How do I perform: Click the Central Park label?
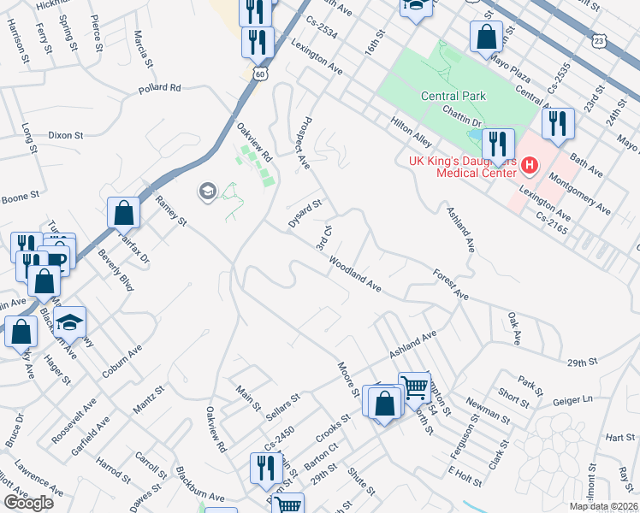pos(453,96)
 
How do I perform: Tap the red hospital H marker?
pos(530,164)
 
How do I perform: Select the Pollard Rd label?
pos(160,87)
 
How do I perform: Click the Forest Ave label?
pos(451,285)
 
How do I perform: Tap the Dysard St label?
pos(305,213)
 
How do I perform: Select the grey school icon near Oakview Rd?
pos(207,191)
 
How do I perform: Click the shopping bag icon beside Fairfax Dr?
pos(124,213)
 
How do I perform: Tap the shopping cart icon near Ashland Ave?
pos(415,386)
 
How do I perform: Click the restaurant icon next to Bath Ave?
pos(558,124)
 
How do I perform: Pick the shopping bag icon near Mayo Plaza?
pos(486,37)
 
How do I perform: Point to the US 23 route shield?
pos(599,40)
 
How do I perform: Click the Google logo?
pos(28,503)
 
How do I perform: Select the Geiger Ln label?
pos(574,399)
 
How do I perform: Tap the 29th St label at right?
pos(581,363)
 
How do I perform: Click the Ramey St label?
pos(171,209)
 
